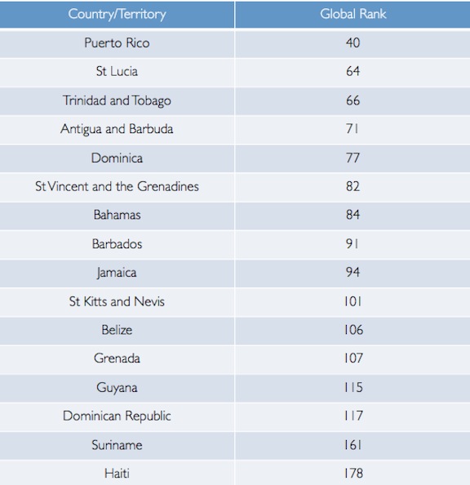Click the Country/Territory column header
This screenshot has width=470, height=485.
(x=117, y=14)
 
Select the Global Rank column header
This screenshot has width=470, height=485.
(x=352, y=14)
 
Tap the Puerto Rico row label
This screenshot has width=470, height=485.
(x=117, y=42)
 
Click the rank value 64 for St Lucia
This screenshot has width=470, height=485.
(x=352, y=71)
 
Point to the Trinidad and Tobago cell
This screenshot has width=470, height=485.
(x=117, y=100)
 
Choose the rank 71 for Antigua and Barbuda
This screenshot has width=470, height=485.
(x=352, y=129)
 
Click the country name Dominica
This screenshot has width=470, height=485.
(x=117, y=158)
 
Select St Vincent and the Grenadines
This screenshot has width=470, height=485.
(x=117, y=186)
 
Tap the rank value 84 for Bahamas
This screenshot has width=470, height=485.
(x=352, y=215)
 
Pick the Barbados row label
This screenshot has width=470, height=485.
(x=117, y=244)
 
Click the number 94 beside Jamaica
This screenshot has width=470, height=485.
(x=352, y=272)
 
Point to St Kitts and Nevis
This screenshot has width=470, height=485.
(x=117, y=301)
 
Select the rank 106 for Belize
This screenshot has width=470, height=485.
(x=353, y=330)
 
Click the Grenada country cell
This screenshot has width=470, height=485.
(x=117, y=358)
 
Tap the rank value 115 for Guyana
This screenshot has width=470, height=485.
(x=353, y=387)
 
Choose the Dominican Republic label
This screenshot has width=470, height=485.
(x=117, y=416)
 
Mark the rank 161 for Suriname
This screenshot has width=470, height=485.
(x=352, y=445)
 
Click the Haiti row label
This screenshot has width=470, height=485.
(x=117, y=474)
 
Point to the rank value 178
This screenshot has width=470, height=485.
(x=353, y=474)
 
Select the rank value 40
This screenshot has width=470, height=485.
(x=352, y=42)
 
